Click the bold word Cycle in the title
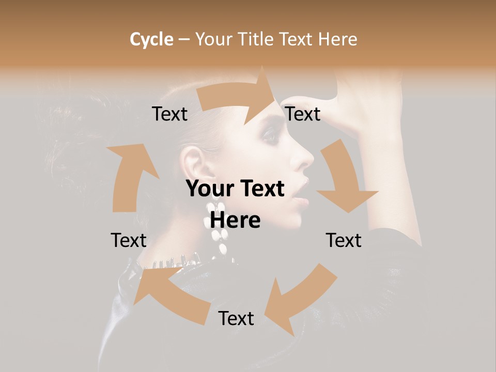(151, 39)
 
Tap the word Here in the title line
(337, 39)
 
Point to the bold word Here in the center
(235, 220)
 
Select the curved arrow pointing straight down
(344, 181)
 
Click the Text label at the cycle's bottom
(236, 318)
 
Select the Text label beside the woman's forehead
(303, 114)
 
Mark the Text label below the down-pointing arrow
(344, 240)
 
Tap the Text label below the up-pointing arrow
(129, 240)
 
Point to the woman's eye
(270, 135)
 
